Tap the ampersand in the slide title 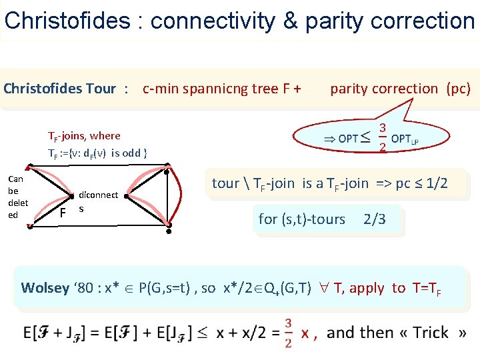tap(290, 21)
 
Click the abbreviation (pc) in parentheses tap(458, 89)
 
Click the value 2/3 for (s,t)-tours tap(375, 219)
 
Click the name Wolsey tap(45, 288)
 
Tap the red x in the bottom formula tap(305, 333)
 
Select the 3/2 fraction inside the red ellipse tap(383, 137)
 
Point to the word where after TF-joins tap(106, 136)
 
